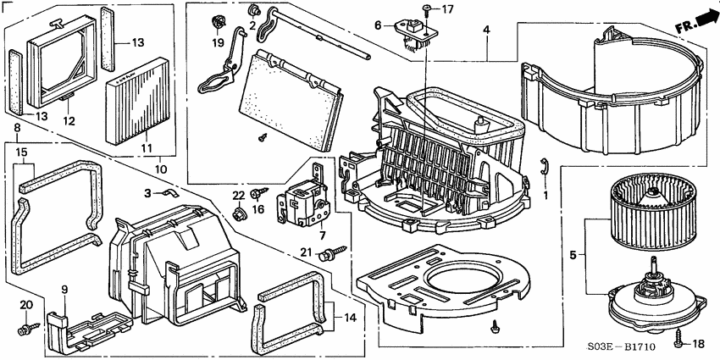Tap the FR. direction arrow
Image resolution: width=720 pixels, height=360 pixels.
point(692,18)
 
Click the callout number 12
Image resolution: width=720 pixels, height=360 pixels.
point(70,122)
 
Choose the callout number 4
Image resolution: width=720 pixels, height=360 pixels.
point(487,31)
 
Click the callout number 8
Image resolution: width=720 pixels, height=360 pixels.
point(18,129)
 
